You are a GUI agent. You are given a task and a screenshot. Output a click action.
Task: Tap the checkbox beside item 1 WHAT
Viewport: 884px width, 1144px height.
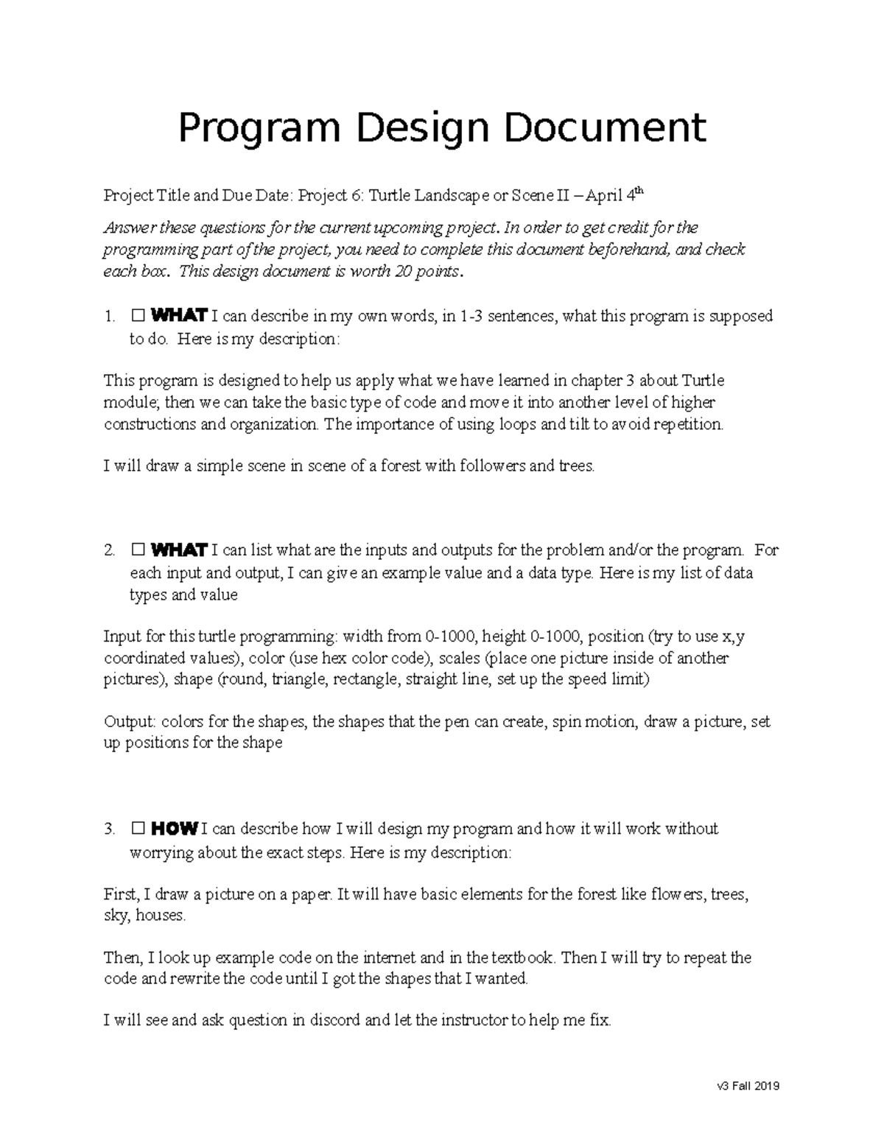138,317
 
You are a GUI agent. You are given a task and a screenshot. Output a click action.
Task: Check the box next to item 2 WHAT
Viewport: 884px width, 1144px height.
138,550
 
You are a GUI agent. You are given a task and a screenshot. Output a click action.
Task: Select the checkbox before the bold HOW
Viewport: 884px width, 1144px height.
138,829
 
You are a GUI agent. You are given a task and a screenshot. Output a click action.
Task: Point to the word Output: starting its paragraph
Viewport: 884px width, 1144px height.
129,722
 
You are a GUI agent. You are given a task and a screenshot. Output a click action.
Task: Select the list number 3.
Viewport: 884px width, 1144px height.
109,829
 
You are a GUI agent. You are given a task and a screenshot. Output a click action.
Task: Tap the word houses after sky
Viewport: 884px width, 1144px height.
161,916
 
